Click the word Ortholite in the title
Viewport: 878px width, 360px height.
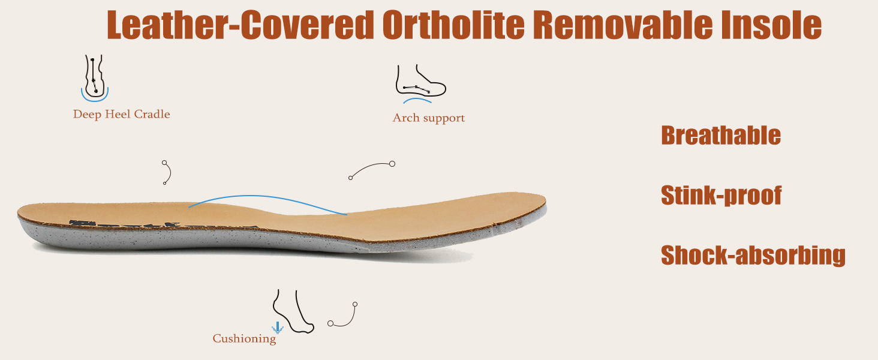pos(453,25)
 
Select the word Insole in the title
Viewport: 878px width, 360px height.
pos(771,25)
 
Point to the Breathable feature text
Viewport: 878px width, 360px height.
pos(721,135)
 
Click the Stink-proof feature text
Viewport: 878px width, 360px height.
pos(721,195)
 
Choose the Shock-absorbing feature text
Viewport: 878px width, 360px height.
pos(753,255)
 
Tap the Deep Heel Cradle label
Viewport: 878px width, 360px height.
pos(122,114)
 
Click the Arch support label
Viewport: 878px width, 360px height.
pos(428,118)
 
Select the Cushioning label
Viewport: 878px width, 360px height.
pos(244,338)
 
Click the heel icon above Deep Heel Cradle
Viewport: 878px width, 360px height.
pos(95,77)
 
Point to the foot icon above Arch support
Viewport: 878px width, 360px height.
pos(420,83)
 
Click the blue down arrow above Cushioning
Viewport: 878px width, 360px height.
pos(278,328)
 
